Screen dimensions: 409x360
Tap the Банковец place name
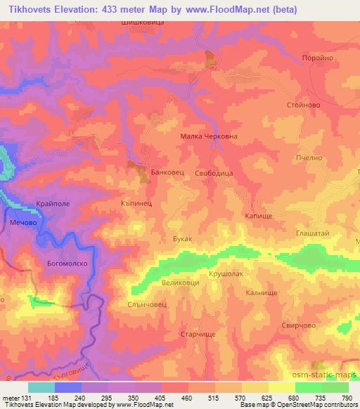[168, 171]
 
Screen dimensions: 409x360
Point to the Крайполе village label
[54, 206]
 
